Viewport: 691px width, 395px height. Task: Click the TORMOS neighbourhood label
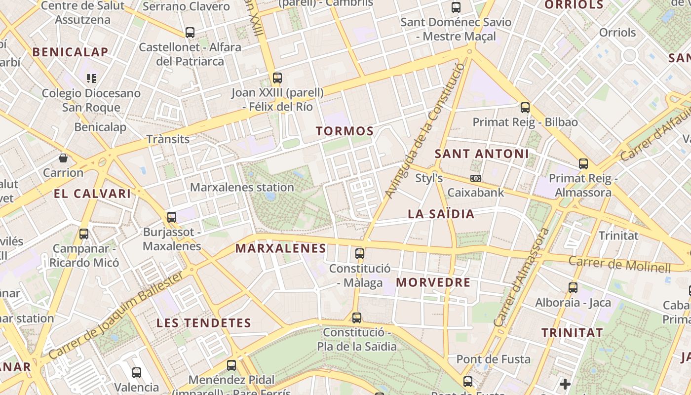click(345, 131)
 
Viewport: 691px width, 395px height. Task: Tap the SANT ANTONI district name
click(481, 154)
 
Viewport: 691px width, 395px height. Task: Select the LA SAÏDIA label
click(441, 214)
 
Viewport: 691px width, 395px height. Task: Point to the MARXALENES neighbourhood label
click(281, 248)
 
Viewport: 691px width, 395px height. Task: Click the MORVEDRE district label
click(433, 282)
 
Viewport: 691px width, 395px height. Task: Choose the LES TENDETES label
click(204, 323)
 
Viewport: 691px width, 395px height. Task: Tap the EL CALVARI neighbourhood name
click(92, 194)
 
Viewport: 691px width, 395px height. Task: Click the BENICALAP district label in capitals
click(70, 52)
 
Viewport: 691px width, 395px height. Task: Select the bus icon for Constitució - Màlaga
click(360, 254)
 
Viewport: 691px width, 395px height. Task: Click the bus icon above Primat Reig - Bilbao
click(525, 107)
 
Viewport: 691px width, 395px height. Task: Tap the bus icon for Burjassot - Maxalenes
click(172, 217)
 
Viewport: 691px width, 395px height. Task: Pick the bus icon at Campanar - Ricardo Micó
click(84, 234)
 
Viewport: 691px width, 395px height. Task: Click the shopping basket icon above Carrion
click(63, 158)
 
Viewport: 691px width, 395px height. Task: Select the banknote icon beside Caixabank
click(476, 178)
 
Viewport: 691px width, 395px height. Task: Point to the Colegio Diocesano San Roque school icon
click(91, 78)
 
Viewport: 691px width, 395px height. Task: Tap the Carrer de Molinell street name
click(619, 264)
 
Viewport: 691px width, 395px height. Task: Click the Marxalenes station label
click(242, 188)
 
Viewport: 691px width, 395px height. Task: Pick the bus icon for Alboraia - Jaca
click(573, 287)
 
